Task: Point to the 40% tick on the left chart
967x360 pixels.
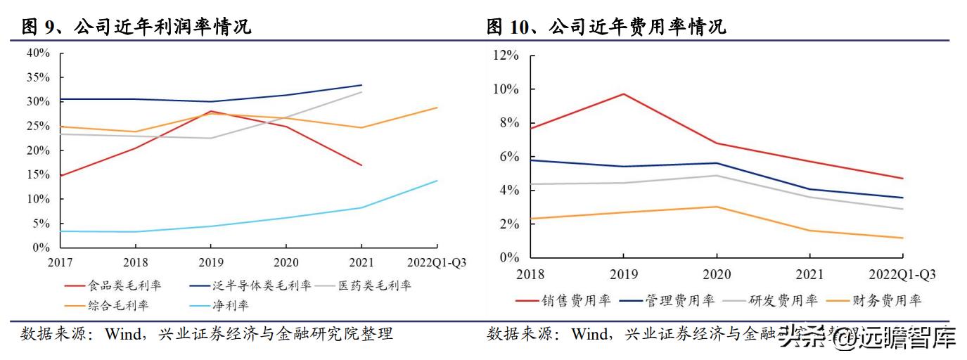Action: pos(38,53)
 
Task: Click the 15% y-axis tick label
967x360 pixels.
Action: pos(38,175)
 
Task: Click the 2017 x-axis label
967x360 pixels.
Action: pos(60,262)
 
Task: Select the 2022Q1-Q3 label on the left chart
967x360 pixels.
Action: pos(437,262)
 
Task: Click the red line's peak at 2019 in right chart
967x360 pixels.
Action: pos(623,94)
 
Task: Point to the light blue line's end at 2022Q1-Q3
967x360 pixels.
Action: pos(437,181)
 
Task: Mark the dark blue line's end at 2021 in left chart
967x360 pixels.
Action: pos(361,85)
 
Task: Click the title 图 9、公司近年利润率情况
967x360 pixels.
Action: pos(136,27)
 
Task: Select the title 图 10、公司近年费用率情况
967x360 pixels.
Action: pos(606,27)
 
